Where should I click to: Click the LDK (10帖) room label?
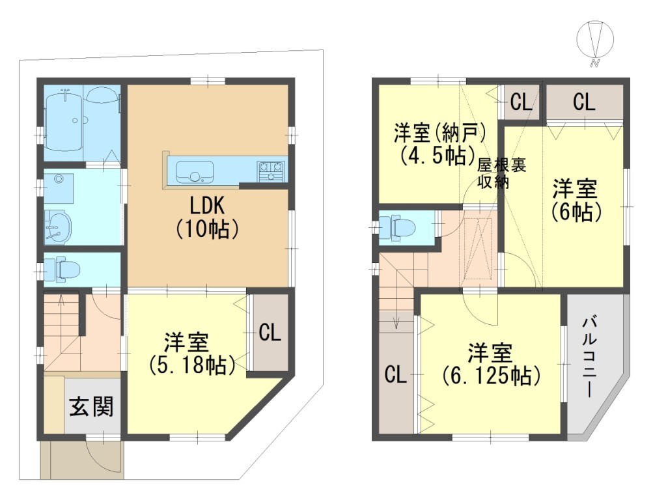click(207, 217)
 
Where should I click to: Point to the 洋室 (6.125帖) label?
click(491, 364)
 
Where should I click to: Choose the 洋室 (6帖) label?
click(576, 200)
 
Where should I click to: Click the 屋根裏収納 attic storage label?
click(501, 173)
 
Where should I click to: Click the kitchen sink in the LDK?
click(195, 172)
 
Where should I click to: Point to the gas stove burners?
click(271, 171)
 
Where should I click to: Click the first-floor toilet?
click(63, 269)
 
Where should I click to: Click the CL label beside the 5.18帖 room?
click(270, 333)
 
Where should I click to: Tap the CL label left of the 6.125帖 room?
click(396, 374)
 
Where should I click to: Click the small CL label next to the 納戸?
click(521, 102)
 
